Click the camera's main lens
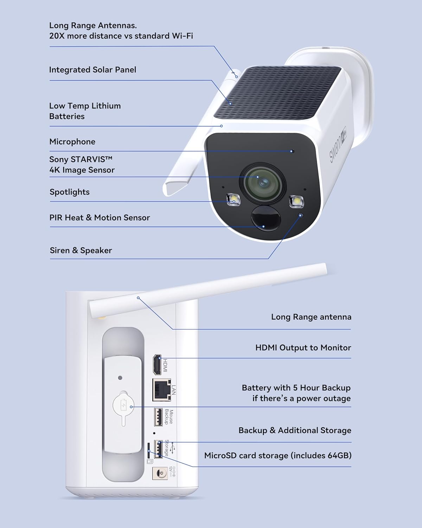(263, 182)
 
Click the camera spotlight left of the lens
(233, 199)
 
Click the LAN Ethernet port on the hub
(161, 390)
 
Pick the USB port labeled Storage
(158, 449)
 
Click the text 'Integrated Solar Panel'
(92, 70)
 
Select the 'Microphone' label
(72, 142)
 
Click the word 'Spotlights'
(69, 192)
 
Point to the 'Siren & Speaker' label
(81, 250)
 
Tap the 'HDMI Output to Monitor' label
(303, 347)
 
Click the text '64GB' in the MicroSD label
(339, 455)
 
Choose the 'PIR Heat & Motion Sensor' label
(100, 218)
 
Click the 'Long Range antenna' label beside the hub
(311, 317)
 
